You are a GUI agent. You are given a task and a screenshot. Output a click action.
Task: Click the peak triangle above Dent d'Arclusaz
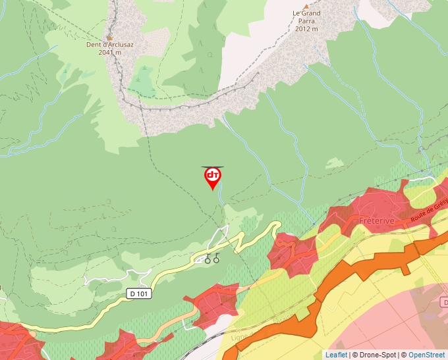109,37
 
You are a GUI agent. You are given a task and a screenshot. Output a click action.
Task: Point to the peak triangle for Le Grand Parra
306,6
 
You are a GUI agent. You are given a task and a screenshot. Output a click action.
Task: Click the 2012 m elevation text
306,29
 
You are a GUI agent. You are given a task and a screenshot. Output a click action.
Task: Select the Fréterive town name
377,221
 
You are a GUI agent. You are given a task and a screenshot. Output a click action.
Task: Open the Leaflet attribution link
336,355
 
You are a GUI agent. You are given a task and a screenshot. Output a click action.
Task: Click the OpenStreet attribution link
427,355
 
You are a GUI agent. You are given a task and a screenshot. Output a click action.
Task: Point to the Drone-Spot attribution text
376,355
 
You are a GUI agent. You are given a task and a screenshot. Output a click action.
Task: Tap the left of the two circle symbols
208,259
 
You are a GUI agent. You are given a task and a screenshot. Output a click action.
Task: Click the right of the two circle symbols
216,259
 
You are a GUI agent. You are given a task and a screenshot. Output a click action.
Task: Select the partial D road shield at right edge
445,301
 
